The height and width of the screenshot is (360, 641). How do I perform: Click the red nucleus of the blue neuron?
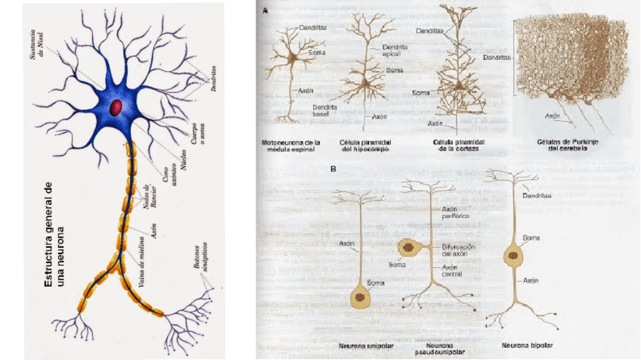click(x=117, y=107)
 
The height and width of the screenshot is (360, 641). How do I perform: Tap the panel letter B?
click(x=333, y=169)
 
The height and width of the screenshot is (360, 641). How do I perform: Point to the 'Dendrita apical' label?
click(x=395, y=50)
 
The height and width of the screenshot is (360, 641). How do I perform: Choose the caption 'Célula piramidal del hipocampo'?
click(x=372, y=146)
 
